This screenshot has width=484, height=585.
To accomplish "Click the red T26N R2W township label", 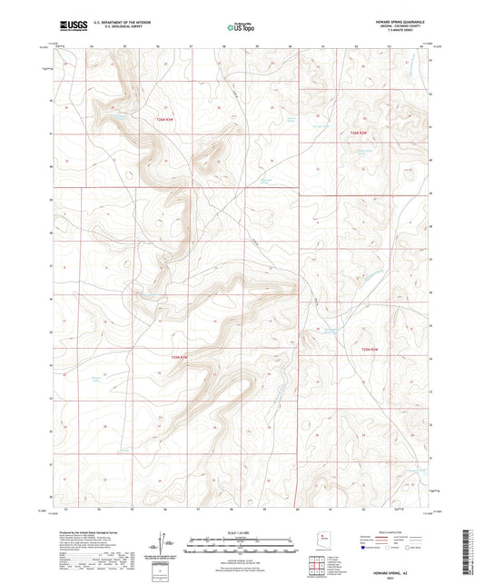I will click(x=359, y=134).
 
